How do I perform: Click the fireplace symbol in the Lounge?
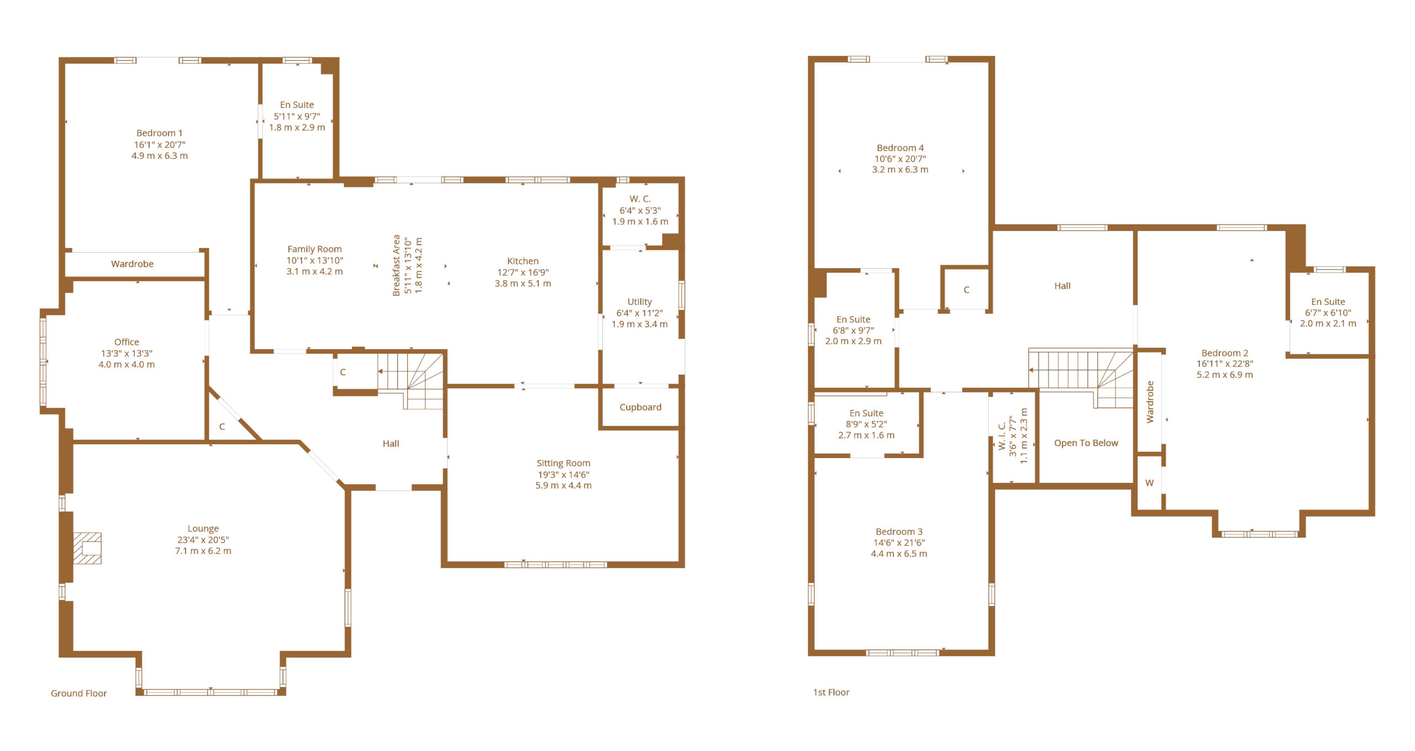click(x=87, y=548)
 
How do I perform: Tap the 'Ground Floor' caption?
click(x=78, y=693)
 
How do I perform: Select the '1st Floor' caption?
click(x=831, y=692)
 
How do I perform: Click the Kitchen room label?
click(x=522, y=261)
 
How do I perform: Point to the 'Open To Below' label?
click(x=1086, y=443)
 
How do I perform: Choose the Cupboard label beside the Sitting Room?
click(x=640, y=407)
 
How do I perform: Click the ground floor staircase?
click(x=411, y=380)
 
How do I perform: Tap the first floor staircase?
click(x=1081, y=378)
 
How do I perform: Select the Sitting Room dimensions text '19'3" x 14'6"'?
click(x=563, y=474)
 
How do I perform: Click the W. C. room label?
click(x=640, y=199)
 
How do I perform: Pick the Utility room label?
click(x=640, y=301)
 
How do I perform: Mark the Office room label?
click(x=127, y=342)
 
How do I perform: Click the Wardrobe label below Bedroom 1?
click(x=132, y=264)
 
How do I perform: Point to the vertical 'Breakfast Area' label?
click(x=396, y=265)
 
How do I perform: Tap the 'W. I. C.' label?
click(x=1002, y=437)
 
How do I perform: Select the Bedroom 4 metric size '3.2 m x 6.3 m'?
click(x=900, y=170)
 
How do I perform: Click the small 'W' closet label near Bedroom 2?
click(x=1149, y=483)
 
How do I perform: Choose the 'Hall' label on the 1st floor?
click(x=1062, y=286)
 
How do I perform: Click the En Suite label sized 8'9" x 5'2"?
click(x=866, y=413)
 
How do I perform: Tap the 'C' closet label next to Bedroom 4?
click(x=966, y=290)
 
